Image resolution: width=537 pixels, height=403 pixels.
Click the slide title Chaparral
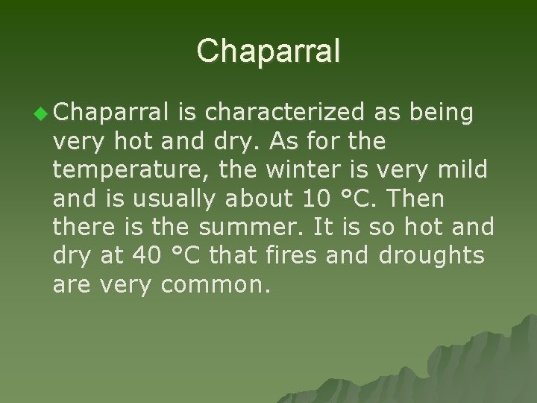click(x=268, y=51)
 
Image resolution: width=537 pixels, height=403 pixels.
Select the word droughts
click(x=432, y=255)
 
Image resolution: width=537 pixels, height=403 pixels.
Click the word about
click(x=257, y=199)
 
